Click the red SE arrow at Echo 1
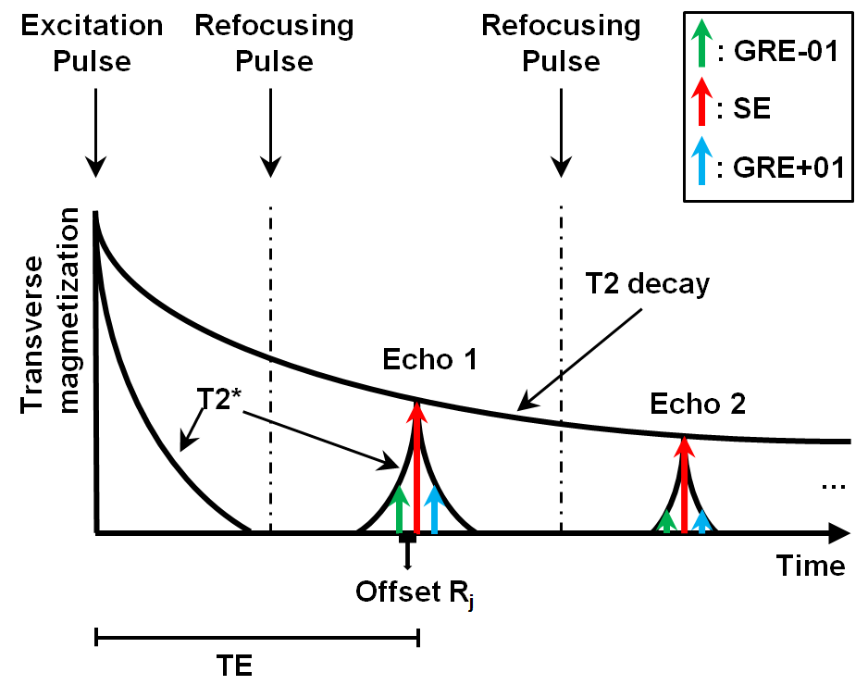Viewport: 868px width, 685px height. tap(417, 467)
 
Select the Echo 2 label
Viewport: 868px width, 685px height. tap(697, 404)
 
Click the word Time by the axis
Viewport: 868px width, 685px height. tap(811, 565)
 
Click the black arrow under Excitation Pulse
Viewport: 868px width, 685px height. tap(94, 138)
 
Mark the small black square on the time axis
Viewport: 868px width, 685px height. tap(407, 537)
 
